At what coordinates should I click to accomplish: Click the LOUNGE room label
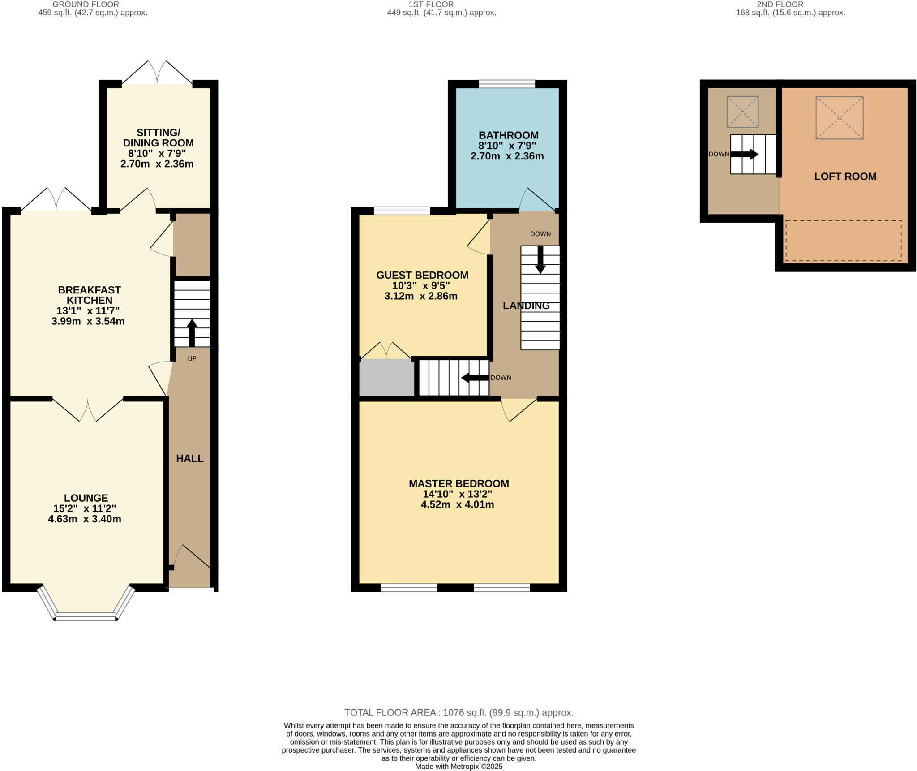pyautogui.click(x=86, y=498)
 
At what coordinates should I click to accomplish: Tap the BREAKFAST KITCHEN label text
pyautogui.click(x=90, y=295)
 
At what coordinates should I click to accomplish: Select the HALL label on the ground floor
pyautogui.click(x=190, y=458)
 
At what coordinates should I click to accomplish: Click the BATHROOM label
pyautogui.click(x=509, y=135)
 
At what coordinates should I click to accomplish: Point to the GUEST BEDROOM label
pyautogui.click(x=422, y=275)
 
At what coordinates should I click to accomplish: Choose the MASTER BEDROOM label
pyautogui.click(x=459, y=483)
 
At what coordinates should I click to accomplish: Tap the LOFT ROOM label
pyautogui.click(x=845, y=177)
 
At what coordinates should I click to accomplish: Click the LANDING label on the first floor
pyautogui.click(x=526, y=306)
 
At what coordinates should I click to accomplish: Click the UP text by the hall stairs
pyautogui.click(x=192, y=358)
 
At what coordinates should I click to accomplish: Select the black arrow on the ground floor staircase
pyautogui.click(x=192, y=332)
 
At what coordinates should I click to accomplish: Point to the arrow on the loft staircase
pyautogui.click(x=745, y=154)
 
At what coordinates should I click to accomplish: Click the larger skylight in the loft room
pyautogui.click(x=840, y=118)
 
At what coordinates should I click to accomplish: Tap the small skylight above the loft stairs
pyautogui.click(x=742, y=112)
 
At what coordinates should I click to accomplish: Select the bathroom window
pyautogui.click(x=507, y=84)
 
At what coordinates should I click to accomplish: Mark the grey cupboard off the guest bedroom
pyautogui.click(x=387, y=378)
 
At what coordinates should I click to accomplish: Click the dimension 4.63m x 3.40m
pyautogui.click(x=85, y=519)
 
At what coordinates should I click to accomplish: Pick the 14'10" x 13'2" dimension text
pyautogui.click(x=457, y=494)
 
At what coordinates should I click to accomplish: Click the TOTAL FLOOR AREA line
pyautogui.click(x=459, y=712)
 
